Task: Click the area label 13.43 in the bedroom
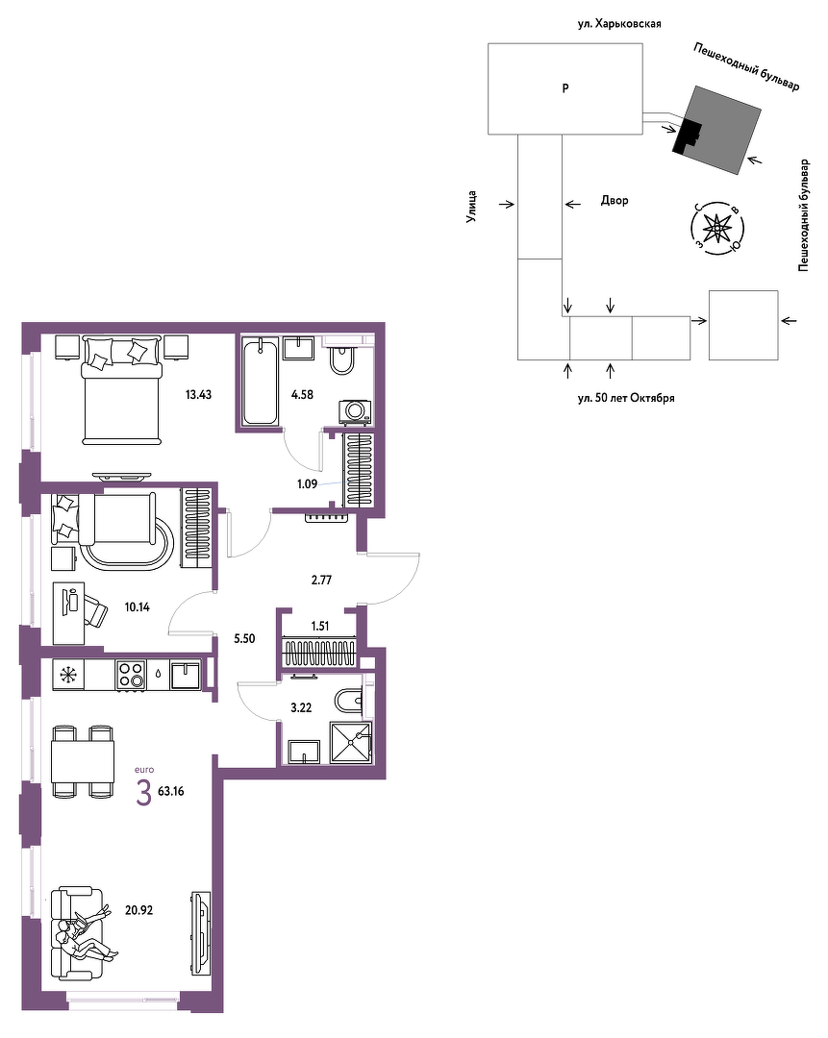[x=198, y=395]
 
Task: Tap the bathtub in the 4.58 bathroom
[x=260, y=382]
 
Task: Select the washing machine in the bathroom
[x=355, y=411]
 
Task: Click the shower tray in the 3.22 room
[x=351, y=742]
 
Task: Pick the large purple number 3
[x=143, y=793]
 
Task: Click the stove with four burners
[x=131, y=676]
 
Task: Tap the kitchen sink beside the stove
[x=186, y=676]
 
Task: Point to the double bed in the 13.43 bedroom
[x=121, y=390]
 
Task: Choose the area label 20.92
[x=139, y=910]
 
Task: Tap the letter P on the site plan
[x=565, y=88]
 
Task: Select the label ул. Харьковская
[x=618, y=24]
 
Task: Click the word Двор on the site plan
[x=615, y=201]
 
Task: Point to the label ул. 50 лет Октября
[x=626, y=398]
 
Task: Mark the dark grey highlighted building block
[x=717, y=131]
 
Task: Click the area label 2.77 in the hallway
[x=321, y=581]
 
